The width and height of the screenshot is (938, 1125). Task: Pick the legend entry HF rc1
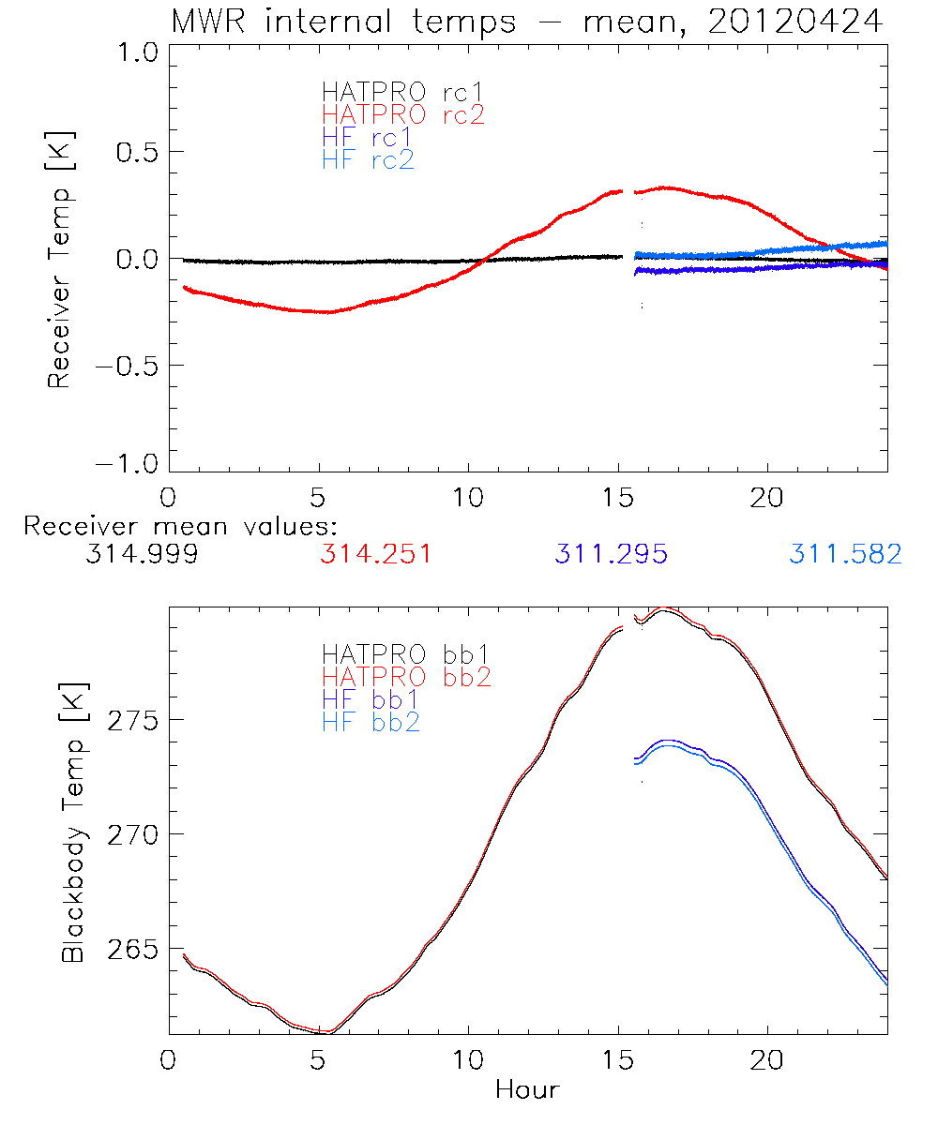tap(368, 138)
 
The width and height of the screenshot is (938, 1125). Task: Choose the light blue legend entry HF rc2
tap(368, 160)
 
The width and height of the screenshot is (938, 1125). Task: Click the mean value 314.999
tap(141, 555)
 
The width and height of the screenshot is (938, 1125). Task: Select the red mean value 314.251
tap(375, 555)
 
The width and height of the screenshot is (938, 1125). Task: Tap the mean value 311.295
tap(611, 555)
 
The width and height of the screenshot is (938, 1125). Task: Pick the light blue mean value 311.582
tap(845, 555)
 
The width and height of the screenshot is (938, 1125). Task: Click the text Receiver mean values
tap(180, 526)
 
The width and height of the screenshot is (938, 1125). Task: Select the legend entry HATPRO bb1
tap(406, 653)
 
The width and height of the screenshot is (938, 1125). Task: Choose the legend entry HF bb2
tap(371, 722)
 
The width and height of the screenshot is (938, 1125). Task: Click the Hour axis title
tap(527, 1090)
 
